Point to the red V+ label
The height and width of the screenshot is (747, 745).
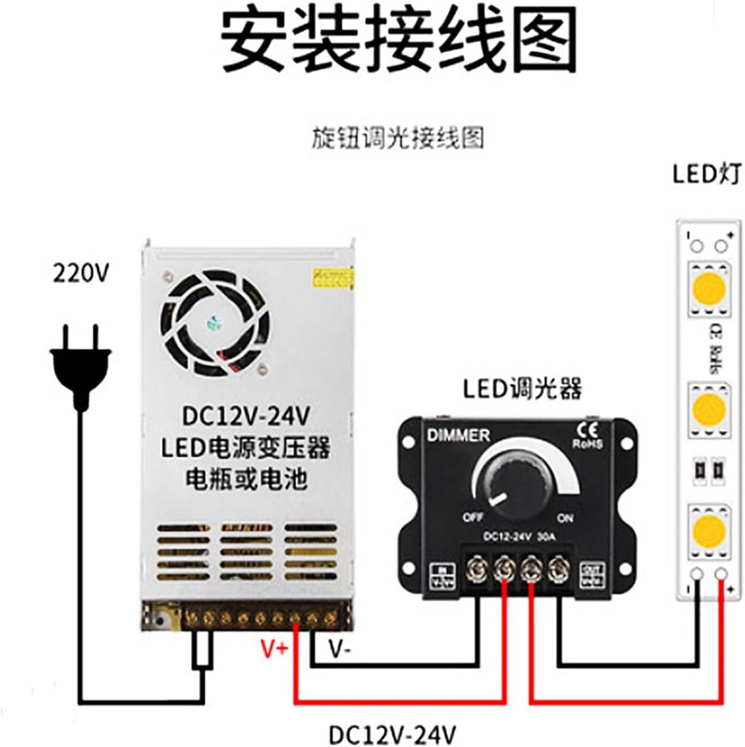click(x=275, y=650)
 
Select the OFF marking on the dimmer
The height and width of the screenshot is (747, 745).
click(x=473, y=517)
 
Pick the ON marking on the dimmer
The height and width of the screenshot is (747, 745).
click(x=565, y=517)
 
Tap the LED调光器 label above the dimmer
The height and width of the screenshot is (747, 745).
click(x=522, y=389)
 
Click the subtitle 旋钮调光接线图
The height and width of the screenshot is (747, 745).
click(x=398, y=138)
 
